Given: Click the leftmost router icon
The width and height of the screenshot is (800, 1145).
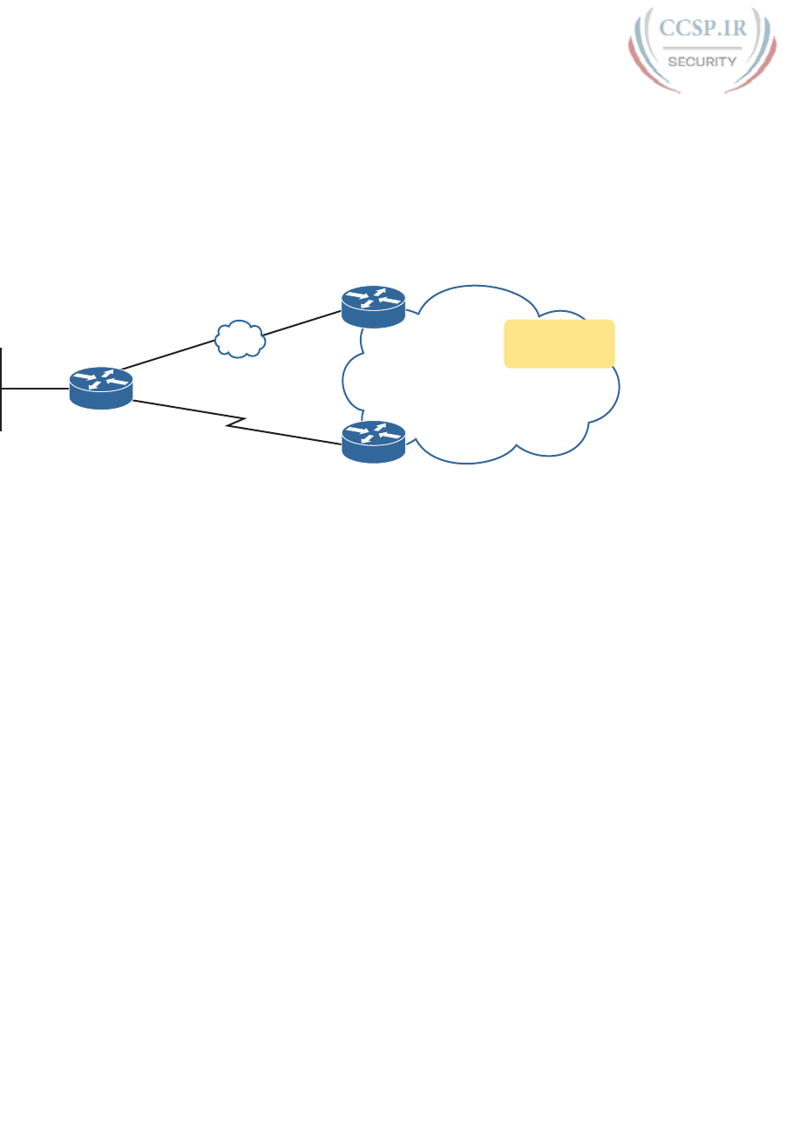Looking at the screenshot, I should coord(101,388).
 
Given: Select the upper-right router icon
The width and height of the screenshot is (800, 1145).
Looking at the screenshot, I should coord(373,307).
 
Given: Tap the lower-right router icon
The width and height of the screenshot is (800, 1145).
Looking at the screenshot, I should coord(373,441).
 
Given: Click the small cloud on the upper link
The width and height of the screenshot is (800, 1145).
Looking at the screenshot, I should coord(240,339).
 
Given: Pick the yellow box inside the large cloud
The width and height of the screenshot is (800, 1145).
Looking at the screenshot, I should coord(559,343).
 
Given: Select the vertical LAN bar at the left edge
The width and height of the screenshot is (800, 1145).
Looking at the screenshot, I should coord(2,388).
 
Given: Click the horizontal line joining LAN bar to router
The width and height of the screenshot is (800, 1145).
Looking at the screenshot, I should coord(35,388).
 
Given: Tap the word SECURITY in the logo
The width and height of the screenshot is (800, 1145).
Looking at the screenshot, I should coord(702,61).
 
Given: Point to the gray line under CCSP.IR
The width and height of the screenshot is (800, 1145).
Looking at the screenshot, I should coord(702,47).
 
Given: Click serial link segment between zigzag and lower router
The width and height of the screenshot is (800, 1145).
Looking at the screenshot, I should coord(288,436).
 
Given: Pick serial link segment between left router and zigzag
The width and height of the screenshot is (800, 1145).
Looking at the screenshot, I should coord(187,409).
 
